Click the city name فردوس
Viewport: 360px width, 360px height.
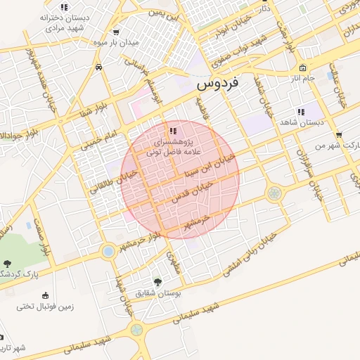tap(218, 83)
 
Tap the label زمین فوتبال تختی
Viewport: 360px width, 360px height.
tap(46, 307)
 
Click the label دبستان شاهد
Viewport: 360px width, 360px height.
tap(300, 122)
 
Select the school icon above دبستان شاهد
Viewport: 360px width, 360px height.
tap(301, 111)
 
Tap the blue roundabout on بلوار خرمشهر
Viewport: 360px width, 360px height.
tap(108, 250)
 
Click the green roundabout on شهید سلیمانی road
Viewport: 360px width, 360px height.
tap(136, 329)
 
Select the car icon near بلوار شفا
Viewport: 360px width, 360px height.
tap(98, 67)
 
